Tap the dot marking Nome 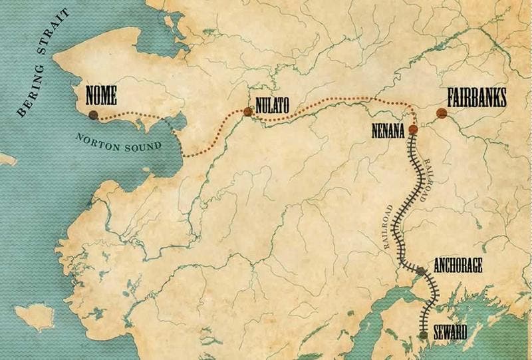point(94,114)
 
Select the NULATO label point(271,104)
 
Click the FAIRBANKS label point(472,98)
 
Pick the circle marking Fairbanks point(440,113)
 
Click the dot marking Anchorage point(420,271)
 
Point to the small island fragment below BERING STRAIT point(6,160)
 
